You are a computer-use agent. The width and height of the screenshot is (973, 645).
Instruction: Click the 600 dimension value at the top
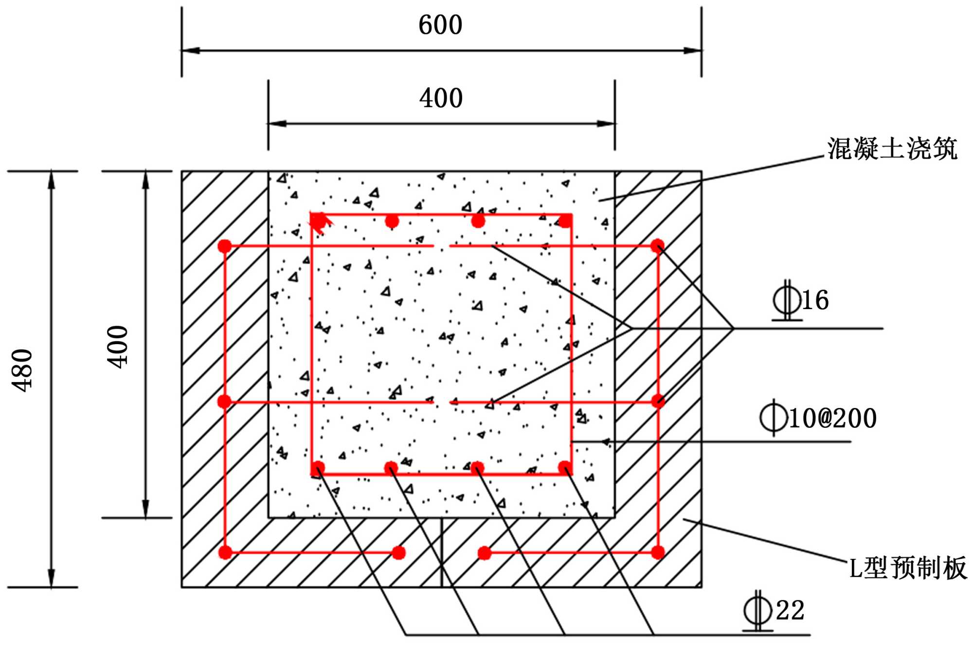tap(440, 25)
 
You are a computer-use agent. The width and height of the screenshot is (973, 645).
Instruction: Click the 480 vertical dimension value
tap(22, 369)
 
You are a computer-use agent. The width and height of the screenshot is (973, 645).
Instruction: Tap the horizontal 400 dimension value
tap(441, 98)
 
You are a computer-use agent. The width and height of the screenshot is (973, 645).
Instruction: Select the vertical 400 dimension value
tap(118, 347)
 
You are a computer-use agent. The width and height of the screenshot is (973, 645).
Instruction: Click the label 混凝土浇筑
tap(892, 148)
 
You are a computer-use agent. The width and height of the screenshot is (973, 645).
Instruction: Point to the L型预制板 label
tap(908, 568)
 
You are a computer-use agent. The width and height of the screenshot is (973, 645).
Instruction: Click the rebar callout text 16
tap(815, 300)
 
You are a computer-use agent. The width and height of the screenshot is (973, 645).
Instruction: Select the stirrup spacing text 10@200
tap(832, 418)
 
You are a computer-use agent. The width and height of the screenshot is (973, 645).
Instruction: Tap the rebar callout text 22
tap(790, 610)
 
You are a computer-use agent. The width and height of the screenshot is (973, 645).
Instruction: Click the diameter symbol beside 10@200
tap(774, 417)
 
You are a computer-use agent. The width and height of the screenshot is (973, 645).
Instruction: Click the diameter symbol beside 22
tap(758, 610)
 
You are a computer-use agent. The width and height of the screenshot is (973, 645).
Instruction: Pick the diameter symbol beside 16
tap(787, 300)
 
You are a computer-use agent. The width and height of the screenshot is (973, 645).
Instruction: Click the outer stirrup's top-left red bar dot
tap(225, 246)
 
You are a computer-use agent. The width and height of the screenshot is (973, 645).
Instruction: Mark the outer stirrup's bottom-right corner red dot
tap(658, 553)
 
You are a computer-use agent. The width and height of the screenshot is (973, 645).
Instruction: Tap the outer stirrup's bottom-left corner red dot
tap(225, 553)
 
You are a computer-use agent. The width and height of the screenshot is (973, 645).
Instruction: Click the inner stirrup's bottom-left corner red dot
tap(318, 468)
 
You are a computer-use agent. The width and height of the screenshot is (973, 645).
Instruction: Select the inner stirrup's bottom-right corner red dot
tap(565, 468)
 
